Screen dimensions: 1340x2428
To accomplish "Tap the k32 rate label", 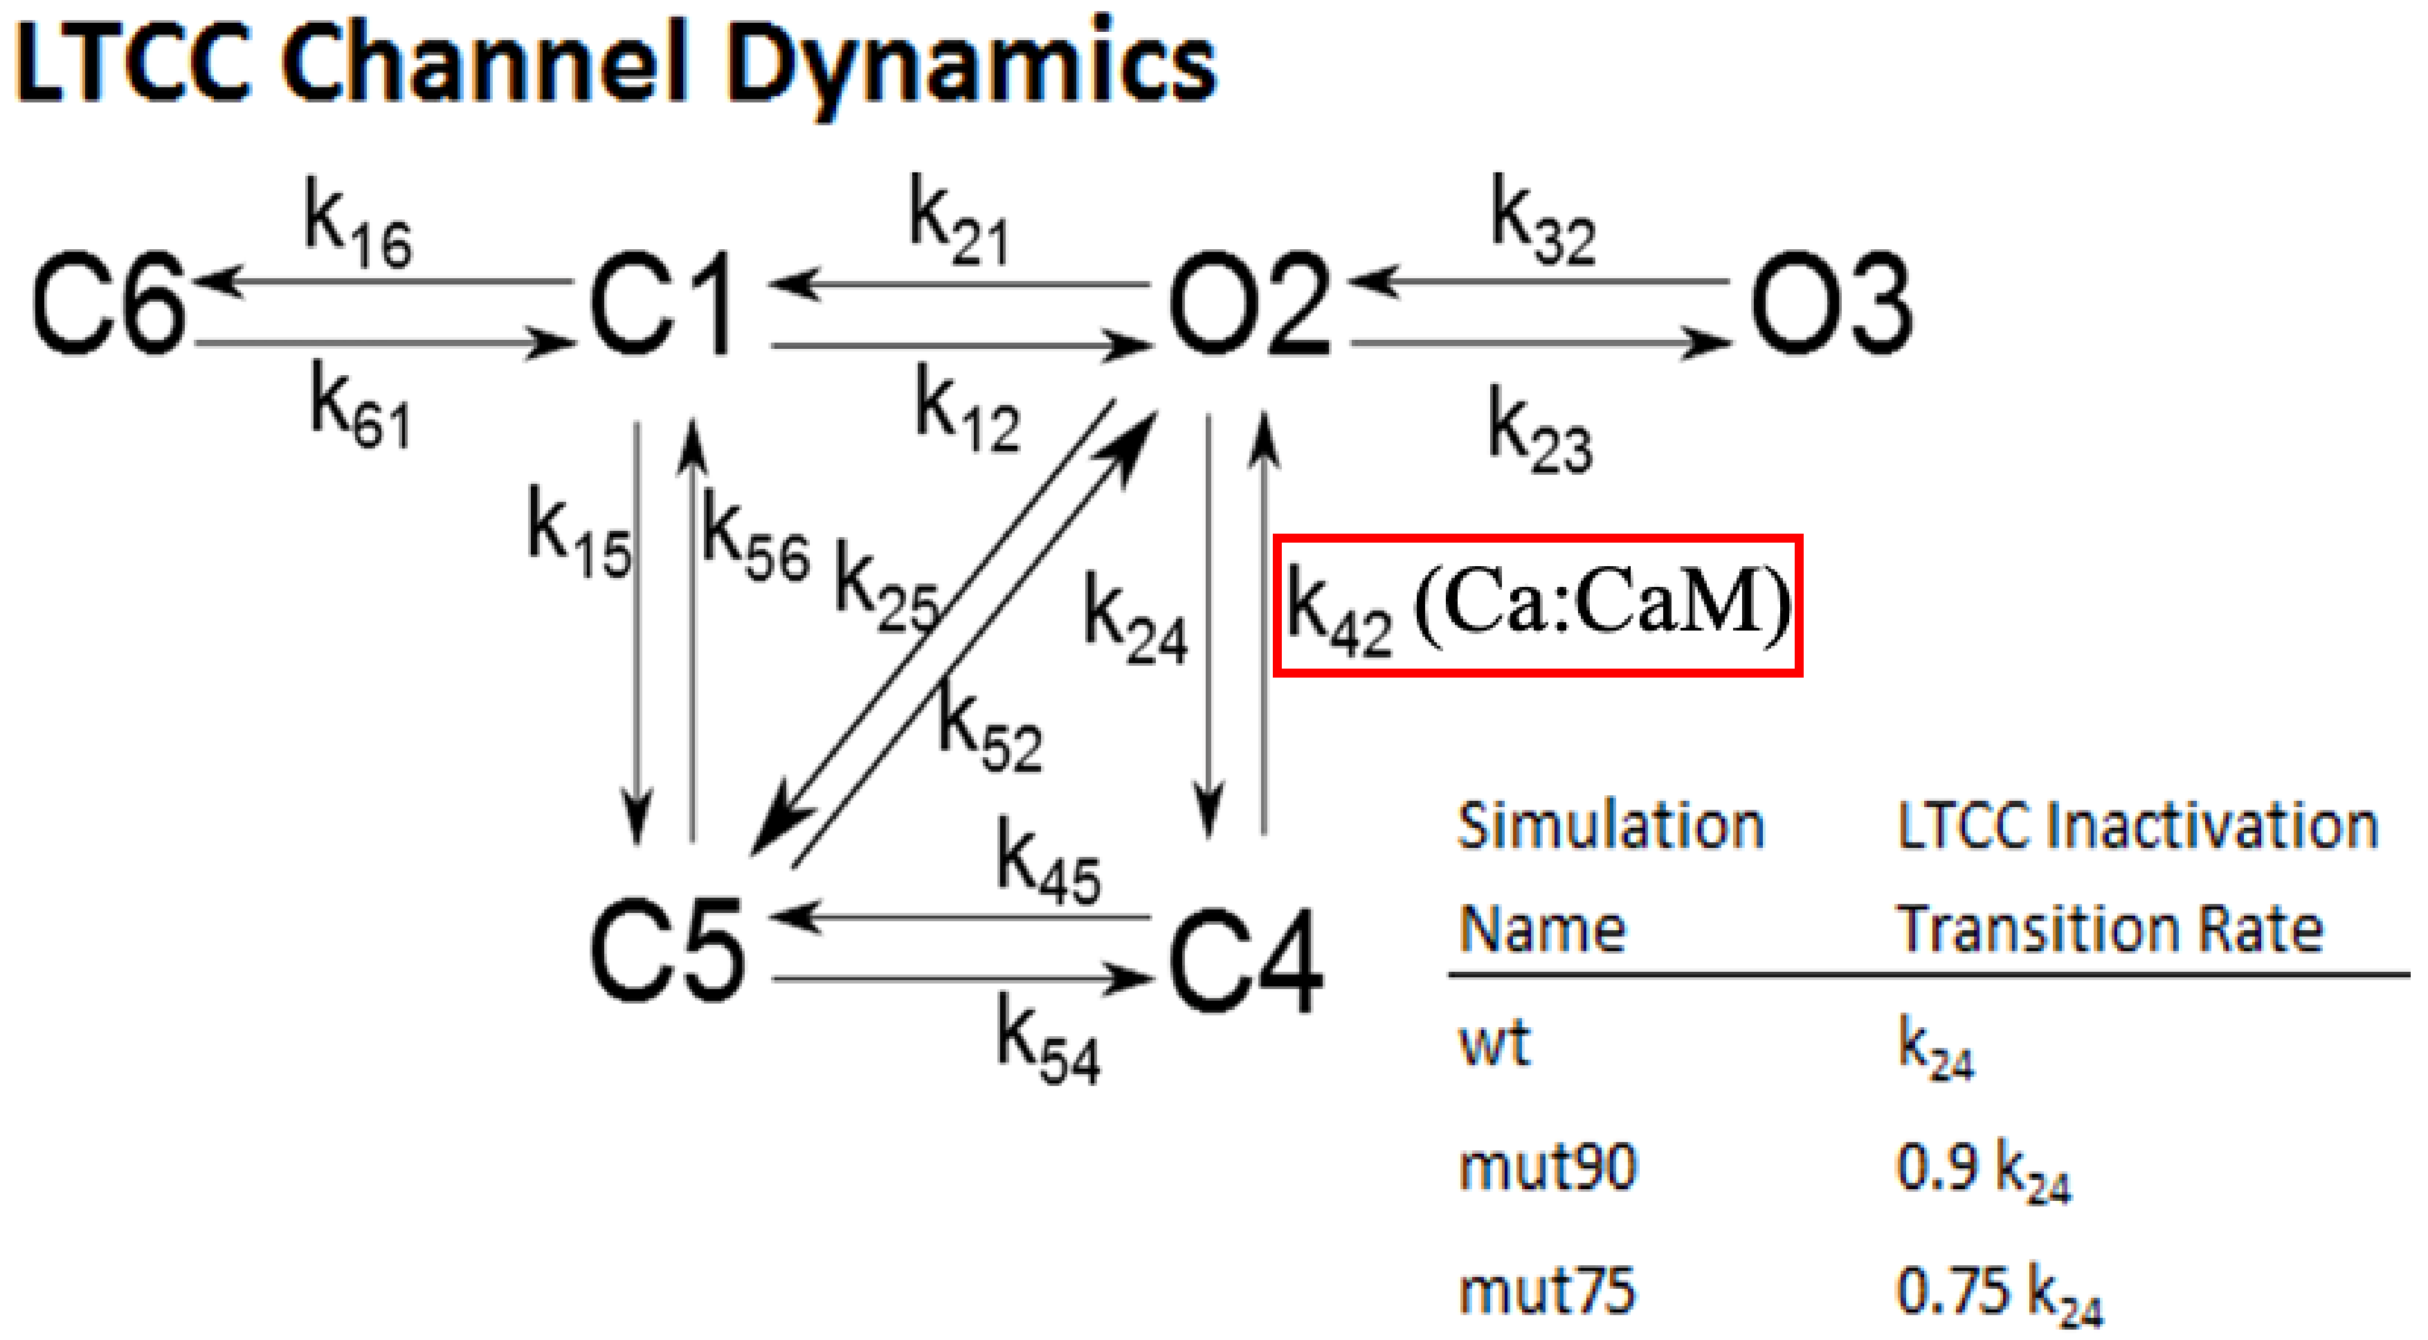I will pyautogui.click(x=1543, y=222).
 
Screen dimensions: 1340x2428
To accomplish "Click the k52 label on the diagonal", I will pyautogui.click(x=990, y=730).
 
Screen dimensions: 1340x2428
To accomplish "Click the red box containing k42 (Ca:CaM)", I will pyautogui.click(x=1537, y=606).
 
